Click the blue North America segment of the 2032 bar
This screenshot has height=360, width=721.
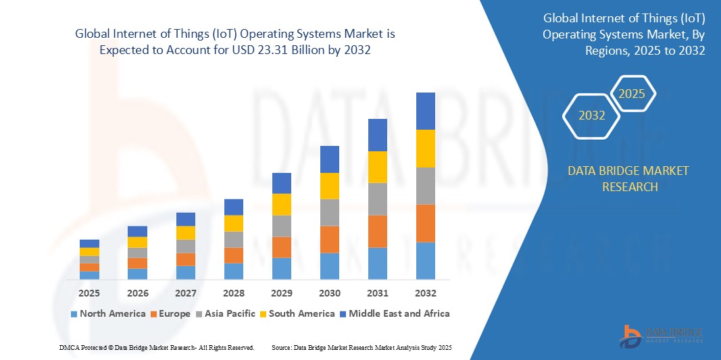pos(425,261)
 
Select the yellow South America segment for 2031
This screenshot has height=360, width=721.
pos(377,167)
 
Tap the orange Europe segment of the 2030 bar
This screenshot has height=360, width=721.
pos(329,239)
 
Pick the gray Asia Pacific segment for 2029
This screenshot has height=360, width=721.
pos(281,226)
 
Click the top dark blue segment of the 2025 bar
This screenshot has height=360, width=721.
pos(89,243)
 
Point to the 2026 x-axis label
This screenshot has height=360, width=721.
pos(137,293)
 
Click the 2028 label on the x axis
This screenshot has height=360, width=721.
pos(233,293)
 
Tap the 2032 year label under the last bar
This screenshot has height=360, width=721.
pos(425,293)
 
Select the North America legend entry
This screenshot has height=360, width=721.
pos(107,313)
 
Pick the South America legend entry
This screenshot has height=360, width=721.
pos(297,313)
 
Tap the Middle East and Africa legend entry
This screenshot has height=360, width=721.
pos(394,313)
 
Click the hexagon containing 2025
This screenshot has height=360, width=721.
pos(632,94)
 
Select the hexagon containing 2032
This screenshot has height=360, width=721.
pos(592,115)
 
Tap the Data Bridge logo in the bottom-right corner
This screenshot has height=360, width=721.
pos(662,336)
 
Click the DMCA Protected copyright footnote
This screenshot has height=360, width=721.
pos(156,347)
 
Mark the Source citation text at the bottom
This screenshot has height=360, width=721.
pos(362,347)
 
